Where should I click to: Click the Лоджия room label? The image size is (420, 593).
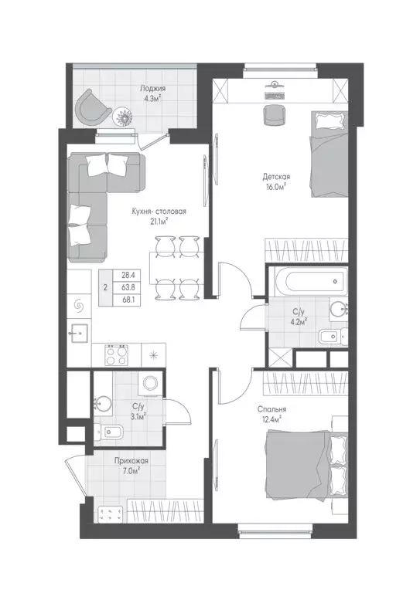coord(152,89)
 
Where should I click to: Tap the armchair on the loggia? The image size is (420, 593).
coord(93,107)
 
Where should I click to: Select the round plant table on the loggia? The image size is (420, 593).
coord(124,117)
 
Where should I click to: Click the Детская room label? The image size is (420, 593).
coord(276,177)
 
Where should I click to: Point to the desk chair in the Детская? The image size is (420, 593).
coord(274,114)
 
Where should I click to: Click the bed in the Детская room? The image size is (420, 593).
coord(329,154)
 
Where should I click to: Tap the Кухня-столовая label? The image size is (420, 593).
coord(159,212)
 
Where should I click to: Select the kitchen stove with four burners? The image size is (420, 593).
coord(116,355)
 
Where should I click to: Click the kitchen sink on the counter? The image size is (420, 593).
coord(80,333)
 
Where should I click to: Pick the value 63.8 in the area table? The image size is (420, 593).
coord(128,287)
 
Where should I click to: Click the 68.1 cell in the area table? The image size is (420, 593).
coord(128,300)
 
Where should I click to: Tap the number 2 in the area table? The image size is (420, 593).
coord(105,287)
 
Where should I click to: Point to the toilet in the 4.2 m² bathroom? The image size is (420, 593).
coord(333,336)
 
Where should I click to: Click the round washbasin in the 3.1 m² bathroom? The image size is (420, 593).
coord(103,404)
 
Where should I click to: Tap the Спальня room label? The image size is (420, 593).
coord(271,409)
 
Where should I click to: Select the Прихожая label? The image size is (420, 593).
coord(131,461)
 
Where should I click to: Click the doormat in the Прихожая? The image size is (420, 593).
coord(110,513)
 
